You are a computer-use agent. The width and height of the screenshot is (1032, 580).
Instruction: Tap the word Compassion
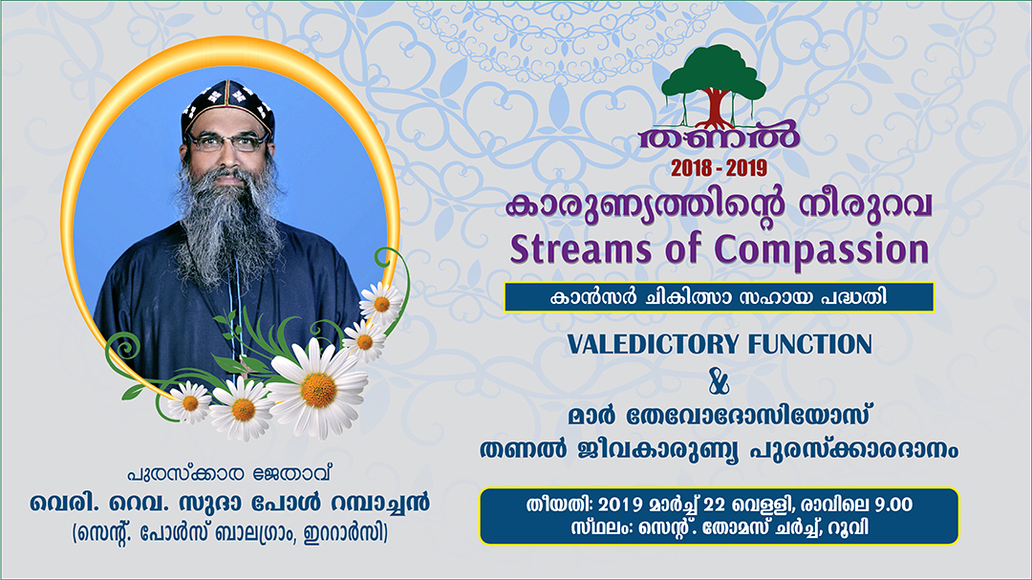[822, 251]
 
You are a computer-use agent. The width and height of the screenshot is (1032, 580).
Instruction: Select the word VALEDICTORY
[654, 344]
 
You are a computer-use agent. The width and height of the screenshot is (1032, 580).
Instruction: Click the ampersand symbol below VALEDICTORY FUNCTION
[719, 380]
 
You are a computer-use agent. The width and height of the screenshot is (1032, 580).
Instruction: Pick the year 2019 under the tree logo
[746, 168]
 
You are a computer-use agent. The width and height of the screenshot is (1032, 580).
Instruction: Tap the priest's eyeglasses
[227, 141]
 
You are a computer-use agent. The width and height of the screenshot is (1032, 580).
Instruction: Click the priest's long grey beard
[227, 224]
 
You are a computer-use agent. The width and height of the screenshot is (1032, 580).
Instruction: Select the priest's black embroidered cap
[227, 107]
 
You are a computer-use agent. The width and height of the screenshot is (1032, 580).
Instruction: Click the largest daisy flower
[318, 389]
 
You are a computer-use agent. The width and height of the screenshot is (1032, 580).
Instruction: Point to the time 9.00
[893, 505]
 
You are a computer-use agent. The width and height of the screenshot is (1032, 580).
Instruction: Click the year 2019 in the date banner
[622, 505]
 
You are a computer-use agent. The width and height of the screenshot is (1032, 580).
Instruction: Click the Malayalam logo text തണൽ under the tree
[720, 137]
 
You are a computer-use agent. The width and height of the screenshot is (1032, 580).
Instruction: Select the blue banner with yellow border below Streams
[719, 297]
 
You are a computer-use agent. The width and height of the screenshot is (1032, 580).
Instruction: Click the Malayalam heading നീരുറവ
[866, 206]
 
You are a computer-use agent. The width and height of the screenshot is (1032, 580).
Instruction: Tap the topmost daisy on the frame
[380, 304]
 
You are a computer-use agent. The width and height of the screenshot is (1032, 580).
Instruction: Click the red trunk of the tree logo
[714, 109]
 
